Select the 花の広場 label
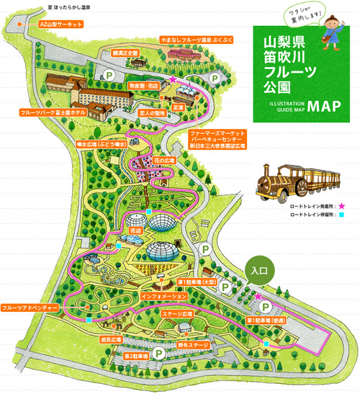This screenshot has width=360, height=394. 164,157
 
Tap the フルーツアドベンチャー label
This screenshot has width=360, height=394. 30,308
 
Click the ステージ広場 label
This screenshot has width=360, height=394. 178,315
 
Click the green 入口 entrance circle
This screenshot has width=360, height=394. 260,272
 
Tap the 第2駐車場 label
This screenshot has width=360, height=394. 135,356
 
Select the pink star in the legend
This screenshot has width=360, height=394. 340,206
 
